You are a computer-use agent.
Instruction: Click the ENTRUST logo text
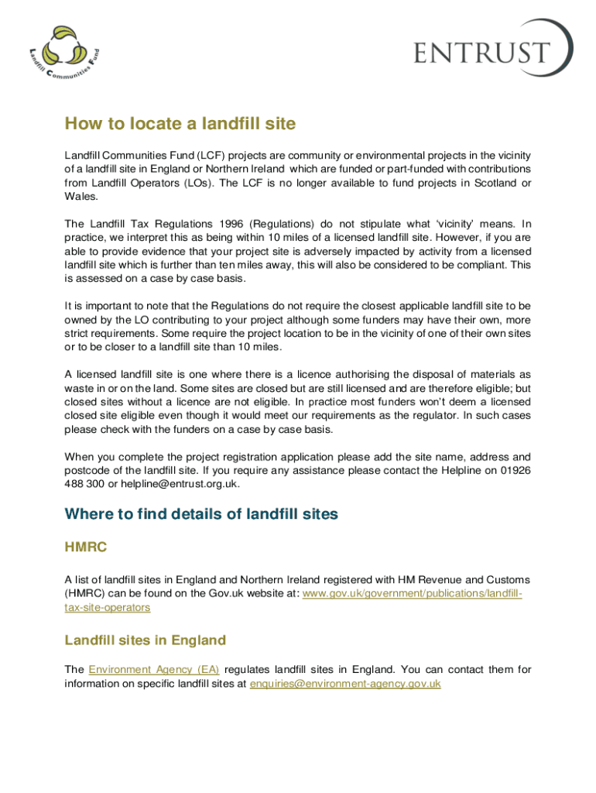(x=481, y=53)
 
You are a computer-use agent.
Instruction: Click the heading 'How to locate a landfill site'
(x=180, y=124)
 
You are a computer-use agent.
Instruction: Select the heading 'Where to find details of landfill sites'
(x=201, y=514)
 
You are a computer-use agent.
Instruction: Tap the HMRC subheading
(x=85, y=548)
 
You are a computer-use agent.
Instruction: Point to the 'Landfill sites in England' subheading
(x=146, y=640)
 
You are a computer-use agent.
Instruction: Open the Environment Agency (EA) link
(x=154, y=669)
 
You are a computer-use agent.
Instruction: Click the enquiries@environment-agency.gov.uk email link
(x=345, y=684)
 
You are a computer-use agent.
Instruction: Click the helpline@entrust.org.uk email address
(x=180, y=484)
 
